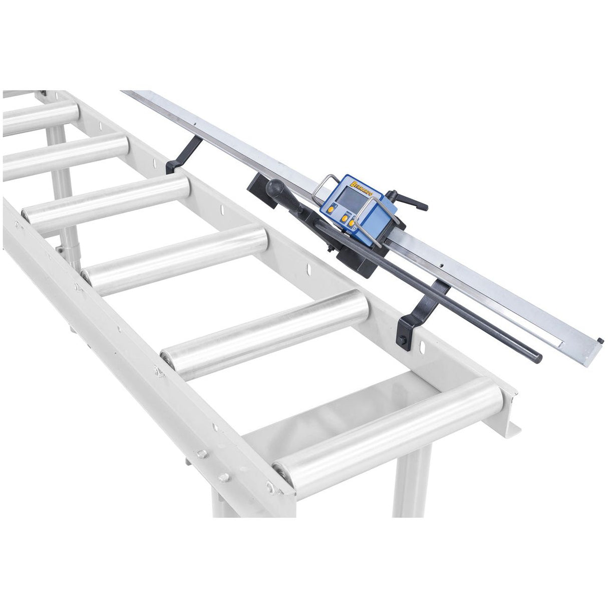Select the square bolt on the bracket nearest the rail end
[403, 341]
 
